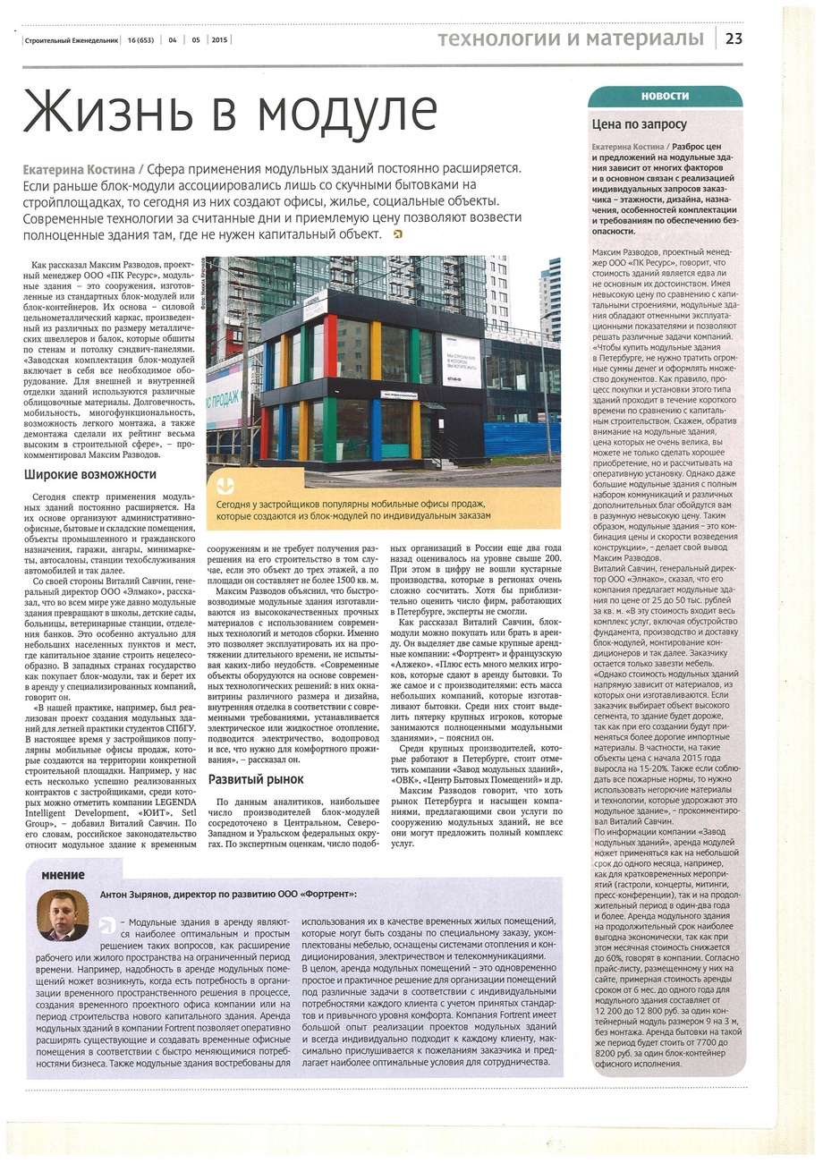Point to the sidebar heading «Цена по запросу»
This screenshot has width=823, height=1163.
pyautogui.click(x=640, y=124)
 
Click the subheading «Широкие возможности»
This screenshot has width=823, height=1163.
pyautogui.click(x=90, y=474)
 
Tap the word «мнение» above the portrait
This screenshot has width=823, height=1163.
pyautogui.click(x=63, y=874)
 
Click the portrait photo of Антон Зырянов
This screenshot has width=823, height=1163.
pyautogui.click(x=63, y=915)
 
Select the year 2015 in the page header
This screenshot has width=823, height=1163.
pyautogui.click(x=220, y=39)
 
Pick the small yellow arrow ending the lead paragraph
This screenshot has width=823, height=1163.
pyautogui.click(x=397, y=234)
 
